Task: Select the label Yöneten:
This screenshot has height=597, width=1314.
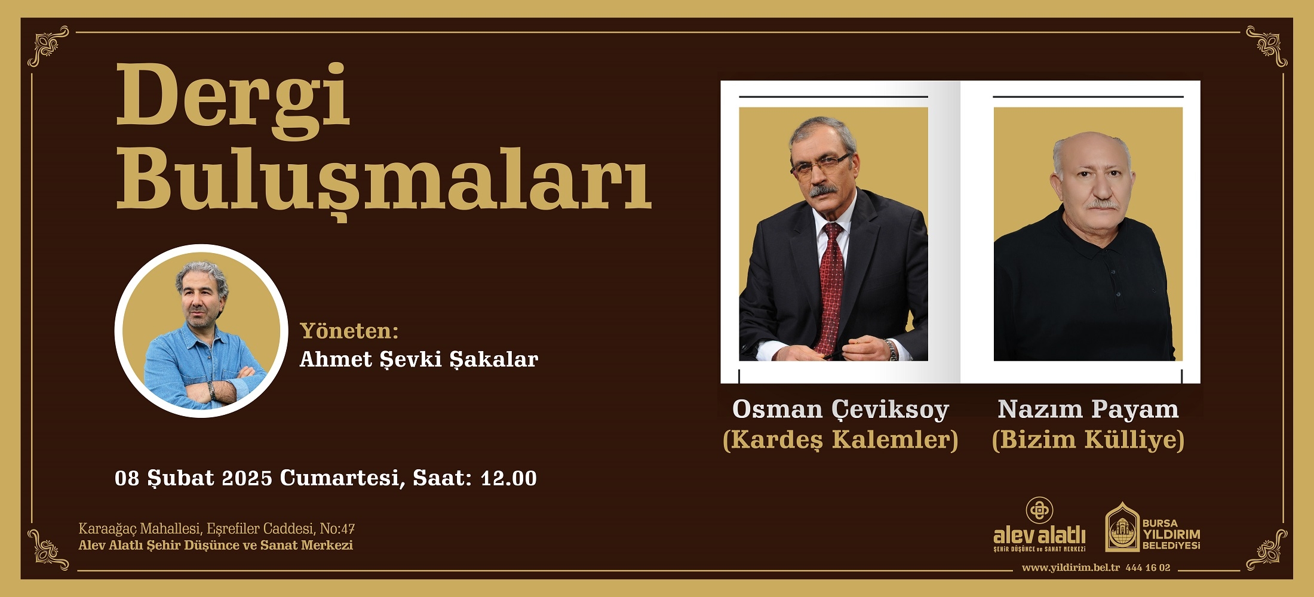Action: click(x=349, y=331)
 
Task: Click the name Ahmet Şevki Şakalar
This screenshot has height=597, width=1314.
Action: click(x=419, y=359)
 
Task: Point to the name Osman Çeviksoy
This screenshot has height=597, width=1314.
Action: click(x=840, y=410)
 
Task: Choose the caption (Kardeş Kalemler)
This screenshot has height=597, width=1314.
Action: click(x=840, y=440)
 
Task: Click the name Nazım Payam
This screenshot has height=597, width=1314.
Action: click(x=1088, y=410)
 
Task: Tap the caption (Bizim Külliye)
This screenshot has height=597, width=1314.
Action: click(x=1088, y=440)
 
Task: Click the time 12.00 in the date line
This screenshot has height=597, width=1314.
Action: click(x=509, y=478)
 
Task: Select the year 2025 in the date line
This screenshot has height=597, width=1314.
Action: click(x=247, y=478)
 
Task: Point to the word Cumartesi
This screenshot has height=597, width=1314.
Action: click(x=339, y=479)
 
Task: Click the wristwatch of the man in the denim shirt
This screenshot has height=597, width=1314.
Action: click(x=211, y=390)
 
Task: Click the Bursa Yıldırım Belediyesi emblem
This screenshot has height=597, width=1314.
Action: click(x=1123, y=527)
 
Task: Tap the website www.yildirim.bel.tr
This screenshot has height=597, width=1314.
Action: click(x=1071, y=568)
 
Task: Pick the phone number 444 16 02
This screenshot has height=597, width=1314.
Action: click(x=1148, y=568)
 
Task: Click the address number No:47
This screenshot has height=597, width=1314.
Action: click(x=337, y=529)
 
